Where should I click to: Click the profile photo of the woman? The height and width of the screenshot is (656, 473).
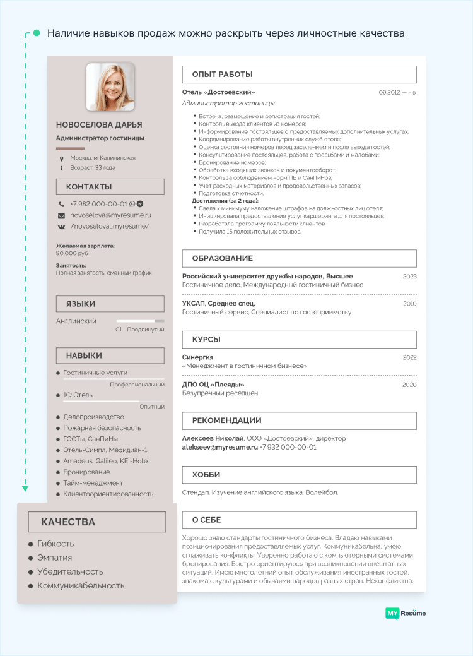tap(110, 86)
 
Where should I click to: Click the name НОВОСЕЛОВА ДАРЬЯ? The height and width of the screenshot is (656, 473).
tap(99, 125)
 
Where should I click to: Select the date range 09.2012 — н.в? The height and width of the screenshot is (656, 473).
tap(397, 93)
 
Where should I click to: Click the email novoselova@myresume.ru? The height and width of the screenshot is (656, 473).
tap(110, 215)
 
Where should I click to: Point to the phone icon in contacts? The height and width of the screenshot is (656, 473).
tap(61, 205)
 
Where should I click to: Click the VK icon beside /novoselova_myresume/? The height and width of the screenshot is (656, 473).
tap(61, 226)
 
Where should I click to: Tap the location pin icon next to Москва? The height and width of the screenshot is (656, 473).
tap(61, 158)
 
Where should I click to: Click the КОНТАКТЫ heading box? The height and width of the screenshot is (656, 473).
tap(110, 187)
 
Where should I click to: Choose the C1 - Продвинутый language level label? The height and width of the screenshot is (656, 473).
tap(139, 330)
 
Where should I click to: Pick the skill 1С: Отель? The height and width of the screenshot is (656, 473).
tap(78, 395)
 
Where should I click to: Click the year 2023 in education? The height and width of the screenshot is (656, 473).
tap(409, 277)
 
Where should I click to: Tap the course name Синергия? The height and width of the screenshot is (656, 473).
tap(197, 357)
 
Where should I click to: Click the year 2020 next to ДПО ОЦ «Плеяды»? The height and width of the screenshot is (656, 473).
tap(409, 385)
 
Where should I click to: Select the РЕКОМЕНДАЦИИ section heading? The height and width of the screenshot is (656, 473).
tap(226, 420)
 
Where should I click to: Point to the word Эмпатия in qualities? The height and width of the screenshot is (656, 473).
tap(55, 558)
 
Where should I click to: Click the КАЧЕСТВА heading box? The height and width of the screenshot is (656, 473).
tap(97, 522)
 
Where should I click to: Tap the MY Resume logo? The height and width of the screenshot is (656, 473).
tap(406, 613)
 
